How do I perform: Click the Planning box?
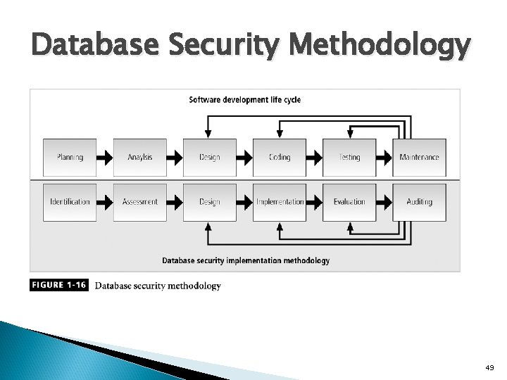point(70,157)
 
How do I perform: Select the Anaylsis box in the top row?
point(139,157)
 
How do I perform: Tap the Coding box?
point(280,157)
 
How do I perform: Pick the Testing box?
point(349,157)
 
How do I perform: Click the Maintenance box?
point(419,157)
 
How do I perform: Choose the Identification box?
point(70,202)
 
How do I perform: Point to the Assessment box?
point(139,202)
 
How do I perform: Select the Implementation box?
point(280,202)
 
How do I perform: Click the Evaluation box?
point(349,202)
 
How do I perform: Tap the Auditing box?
point(419,202)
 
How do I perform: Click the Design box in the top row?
point(210,157)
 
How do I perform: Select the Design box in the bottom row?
point(210,202)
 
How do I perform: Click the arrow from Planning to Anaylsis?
point(104,157)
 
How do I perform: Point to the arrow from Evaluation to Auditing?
point(384,202)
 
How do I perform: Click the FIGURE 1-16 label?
point(59,286)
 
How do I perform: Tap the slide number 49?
point(490,367)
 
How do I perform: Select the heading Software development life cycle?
point(244,100)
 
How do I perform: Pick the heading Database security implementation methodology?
point(246,260)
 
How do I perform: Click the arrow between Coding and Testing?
point(315,157)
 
